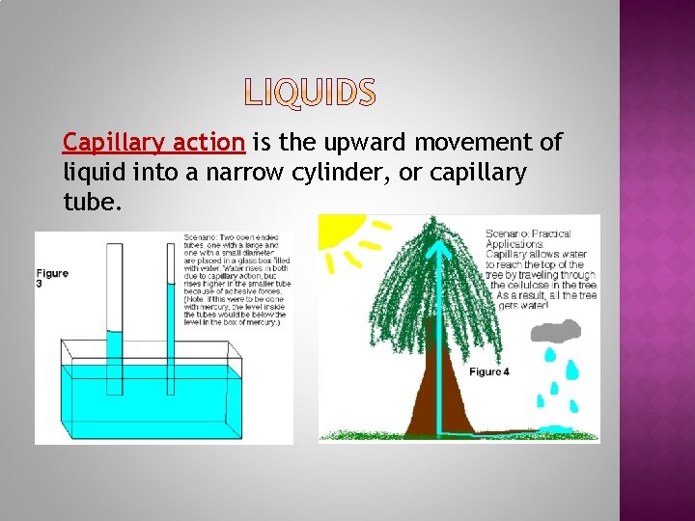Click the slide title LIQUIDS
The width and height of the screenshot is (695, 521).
310,93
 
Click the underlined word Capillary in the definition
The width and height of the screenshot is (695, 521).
103,143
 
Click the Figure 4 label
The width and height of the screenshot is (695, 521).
489,371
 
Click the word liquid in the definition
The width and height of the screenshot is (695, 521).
91,174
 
